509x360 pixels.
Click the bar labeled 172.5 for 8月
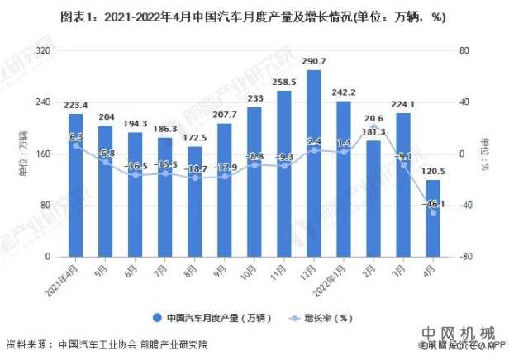(194, 201)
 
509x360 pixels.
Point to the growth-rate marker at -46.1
(432, 212)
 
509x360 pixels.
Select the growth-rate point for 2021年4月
(75, 145)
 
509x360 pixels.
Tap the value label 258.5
(283, 83)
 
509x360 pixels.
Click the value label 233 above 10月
(254, 99)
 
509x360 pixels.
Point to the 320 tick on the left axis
(40, 50)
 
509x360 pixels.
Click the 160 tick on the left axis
(40, 154)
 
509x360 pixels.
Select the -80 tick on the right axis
(467, 257)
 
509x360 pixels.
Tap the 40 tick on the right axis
(464, 102)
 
